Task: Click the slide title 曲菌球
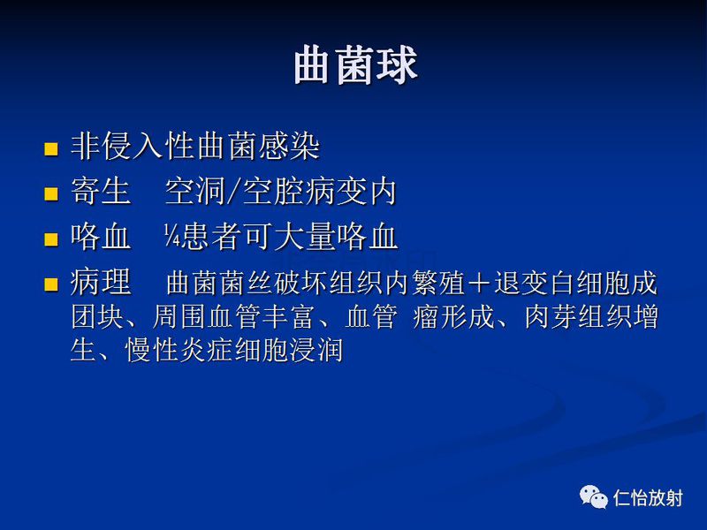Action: pos(354,66)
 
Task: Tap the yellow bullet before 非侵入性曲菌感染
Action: pos(51,148)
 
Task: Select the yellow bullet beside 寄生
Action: pos(51,193)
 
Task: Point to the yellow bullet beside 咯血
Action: pos(51,238)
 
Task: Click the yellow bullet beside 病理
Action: pos(51,284)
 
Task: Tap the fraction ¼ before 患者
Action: pos(171,237)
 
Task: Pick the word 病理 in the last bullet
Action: pos(101,283)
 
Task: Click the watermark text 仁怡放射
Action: pos(648,498)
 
